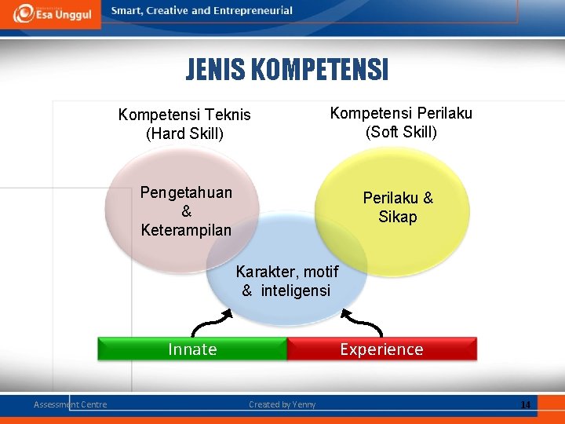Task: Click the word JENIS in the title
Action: [215, 71]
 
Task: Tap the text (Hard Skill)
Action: [185, 133]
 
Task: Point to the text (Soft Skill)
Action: [401, 131]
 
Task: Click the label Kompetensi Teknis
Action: [184, 115]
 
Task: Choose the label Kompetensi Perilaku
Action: [401, 113]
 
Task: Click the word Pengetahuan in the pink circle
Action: [186, 193]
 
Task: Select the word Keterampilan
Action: [186, 230]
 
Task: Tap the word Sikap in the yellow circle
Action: [398, 217]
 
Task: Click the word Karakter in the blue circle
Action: [264, 272]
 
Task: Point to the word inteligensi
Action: [296, 291]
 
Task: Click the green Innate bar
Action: [192, 349]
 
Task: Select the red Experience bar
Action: [381, 349]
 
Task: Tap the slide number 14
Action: [525, 404]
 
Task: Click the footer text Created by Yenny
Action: [282, 404]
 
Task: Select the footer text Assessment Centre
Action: [71, 404]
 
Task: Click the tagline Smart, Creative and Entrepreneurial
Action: [202, 11]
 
